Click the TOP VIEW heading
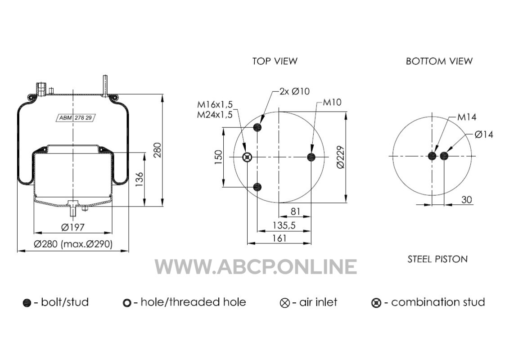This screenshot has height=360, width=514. pyautogui.click(x=275, y=61)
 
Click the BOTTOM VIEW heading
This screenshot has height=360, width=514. pyautogui.click(x=439, y=61)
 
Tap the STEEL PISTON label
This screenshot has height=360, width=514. pyautogui.click(x=437, y=259)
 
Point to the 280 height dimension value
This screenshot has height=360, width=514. pyautogui.click(x=158, y=150)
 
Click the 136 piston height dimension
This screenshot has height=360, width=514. pyautogui.click(x=140, y=180)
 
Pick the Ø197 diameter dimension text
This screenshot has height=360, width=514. pyautogui.click(x=73, y=227)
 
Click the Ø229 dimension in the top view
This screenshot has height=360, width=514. pyautogui.click(x=340, y=157)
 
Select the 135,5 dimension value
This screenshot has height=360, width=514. pyautogui.click(x=284, y=225)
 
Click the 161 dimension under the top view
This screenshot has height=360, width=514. pyautogui.click(x=280, y=238)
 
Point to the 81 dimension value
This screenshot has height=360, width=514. pyautogui.click(x=295, y=211)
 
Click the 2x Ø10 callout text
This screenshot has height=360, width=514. pyautogui.click(x=294, y=91)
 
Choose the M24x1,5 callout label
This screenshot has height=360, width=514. pyautogui.click(x=215, y=115)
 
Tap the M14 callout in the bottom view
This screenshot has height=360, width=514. pyautogui.click(x=467, y=117)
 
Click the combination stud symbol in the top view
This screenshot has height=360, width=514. pyautogui.click(x=247, y=157)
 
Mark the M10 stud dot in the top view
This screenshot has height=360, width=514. pyautogui.click(x=311, y=157)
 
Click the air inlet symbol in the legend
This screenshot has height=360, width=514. pyautogui.click(x=285, y=302)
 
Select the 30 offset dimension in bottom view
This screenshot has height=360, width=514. pyautogui.click(x=466, y=200)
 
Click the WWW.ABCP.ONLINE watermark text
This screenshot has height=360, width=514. pyautogui.click(x=256, y=266)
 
